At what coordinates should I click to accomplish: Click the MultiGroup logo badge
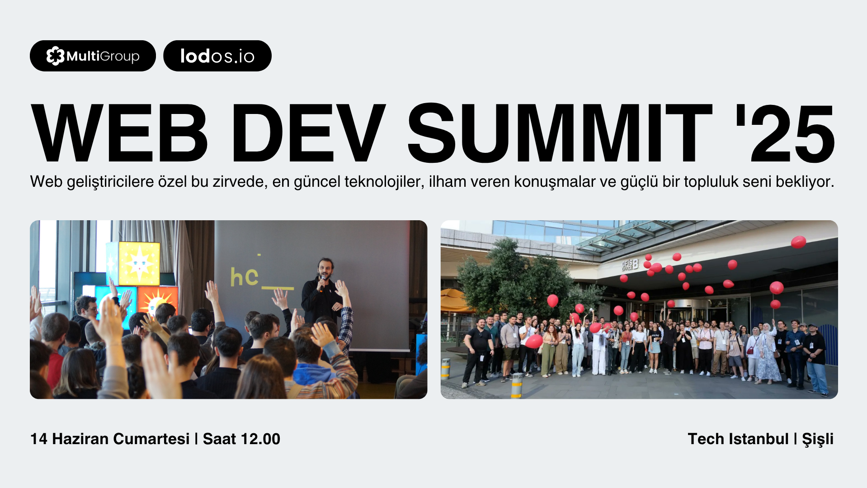(93, 56)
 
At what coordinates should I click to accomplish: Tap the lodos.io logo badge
(217, 56)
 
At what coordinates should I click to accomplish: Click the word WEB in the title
(119, 133)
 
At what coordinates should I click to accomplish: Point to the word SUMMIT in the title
(560, 133)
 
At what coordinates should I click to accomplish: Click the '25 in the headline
(785, 133)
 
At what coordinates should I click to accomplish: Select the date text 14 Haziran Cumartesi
(110, 439)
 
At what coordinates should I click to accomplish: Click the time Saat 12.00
(241, 439)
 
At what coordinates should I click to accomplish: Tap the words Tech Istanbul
(738, 439)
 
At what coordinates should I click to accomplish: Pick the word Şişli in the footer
(818, 439)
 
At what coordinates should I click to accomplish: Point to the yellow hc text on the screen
(245, 277)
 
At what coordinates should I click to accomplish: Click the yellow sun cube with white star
(139, 264)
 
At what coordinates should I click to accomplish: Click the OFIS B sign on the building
(630, 265)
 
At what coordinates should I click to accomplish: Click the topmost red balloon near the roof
(798, 242)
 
